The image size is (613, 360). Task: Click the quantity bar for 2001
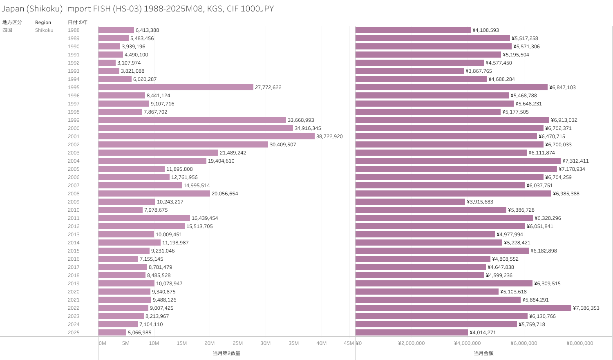point(206,136)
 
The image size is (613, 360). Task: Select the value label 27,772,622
point(268,87)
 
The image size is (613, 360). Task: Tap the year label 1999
point(74,120)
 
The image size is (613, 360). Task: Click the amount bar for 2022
point(463,308)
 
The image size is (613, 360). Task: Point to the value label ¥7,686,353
point(586,308)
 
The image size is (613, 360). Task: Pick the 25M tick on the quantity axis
point(237,343)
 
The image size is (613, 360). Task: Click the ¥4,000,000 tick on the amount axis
point(468,343)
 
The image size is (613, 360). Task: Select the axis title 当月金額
point(483,353)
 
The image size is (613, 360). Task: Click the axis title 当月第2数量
point(226,353)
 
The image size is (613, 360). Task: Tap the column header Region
point(43,22)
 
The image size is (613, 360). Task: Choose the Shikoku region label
point(44,30)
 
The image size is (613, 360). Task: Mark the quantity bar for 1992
point(107,63)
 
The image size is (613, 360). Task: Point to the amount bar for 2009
point(410,202)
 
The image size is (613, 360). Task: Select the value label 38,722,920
point(329,136)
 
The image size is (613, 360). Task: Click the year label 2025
point(74,333)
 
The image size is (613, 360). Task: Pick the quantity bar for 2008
point(154,194)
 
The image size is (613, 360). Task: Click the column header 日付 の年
point(78,22)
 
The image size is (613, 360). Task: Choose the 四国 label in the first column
point(7,30)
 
